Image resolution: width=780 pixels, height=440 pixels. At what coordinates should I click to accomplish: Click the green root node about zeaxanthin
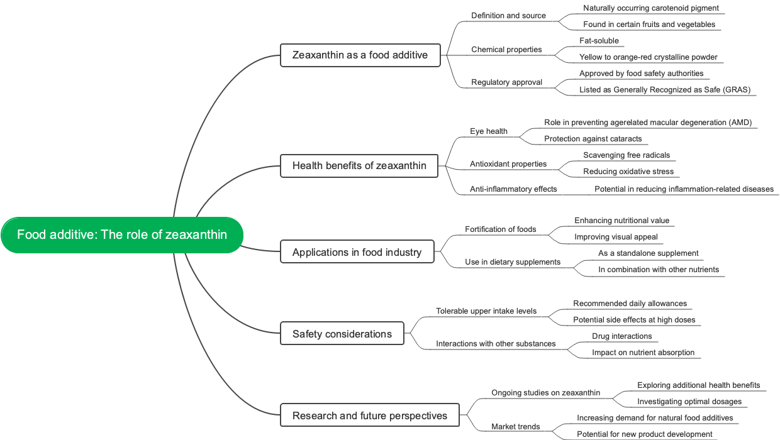122,235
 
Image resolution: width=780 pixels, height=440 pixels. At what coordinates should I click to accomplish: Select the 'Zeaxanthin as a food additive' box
360,55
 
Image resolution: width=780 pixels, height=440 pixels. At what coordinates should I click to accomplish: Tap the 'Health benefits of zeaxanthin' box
359,166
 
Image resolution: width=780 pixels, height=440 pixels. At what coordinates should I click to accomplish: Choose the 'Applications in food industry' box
357,252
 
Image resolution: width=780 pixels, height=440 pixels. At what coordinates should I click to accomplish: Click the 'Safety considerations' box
342,334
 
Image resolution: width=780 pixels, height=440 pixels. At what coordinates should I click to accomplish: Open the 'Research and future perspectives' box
370,415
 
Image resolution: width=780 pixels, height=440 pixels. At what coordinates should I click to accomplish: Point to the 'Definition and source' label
508,16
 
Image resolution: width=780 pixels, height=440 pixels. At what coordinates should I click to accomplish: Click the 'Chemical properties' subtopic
506,50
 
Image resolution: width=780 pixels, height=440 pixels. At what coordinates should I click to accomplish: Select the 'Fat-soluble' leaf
599,41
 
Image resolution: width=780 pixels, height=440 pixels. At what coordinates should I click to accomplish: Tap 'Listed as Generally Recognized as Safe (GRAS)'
665,90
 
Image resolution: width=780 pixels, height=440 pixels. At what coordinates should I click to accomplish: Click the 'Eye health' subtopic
489,131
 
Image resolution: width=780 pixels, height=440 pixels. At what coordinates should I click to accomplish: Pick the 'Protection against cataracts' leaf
593,139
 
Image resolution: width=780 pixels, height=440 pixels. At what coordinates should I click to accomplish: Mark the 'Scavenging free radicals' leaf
627,155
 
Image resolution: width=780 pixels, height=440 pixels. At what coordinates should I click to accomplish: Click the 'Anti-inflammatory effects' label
513,189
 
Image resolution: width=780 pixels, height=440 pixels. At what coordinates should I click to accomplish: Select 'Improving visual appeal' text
616,237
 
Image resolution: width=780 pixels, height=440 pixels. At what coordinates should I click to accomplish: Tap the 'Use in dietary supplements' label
513,262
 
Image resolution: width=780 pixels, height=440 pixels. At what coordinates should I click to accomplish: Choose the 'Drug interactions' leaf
621,336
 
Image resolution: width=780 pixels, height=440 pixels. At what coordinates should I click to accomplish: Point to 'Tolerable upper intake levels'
486,311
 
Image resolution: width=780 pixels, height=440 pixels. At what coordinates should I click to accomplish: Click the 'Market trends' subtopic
515,427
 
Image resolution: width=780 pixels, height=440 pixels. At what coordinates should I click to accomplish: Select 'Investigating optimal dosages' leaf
689,402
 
